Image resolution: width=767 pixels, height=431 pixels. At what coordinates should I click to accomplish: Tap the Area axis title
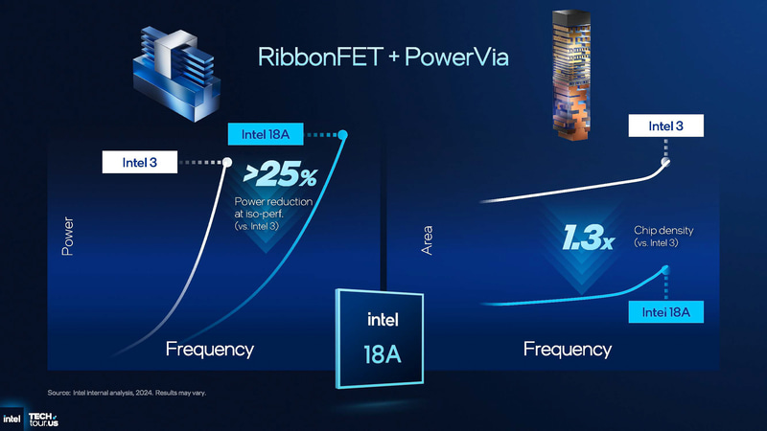tap(428, 239)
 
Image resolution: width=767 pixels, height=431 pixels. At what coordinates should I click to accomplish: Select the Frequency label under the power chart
tap(210, 349)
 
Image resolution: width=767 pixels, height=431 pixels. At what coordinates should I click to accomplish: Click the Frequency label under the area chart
tap(568, 349)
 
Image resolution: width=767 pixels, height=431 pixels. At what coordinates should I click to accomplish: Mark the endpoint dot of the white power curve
tap(228, 162)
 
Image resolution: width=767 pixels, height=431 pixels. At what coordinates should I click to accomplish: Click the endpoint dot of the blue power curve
tap(343, 135)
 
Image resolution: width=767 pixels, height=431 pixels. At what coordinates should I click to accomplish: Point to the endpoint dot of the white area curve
tap(666, 163)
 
